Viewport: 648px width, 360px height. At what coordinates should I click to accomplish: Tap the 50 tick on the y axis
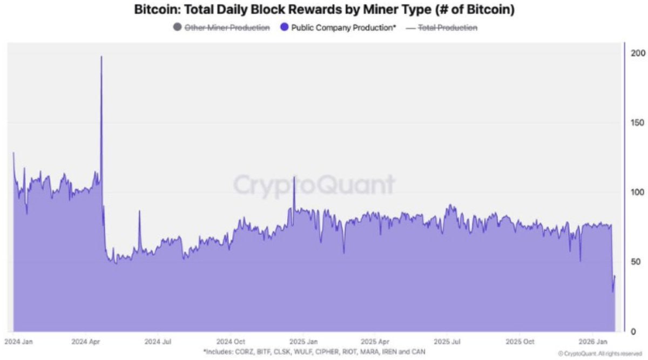(636, 262)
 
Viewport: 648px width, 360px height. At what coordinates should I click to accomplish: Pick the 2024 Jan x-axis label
(19, 342)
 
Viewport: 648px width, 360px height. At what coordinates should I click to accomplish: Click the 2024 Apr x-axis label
(86, 342)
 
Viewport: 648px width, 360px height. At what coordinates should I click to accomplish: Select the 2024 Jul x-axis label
(159, 342)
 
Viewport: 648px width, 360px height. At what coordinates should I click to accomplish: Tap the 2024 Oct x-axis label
(231, 342)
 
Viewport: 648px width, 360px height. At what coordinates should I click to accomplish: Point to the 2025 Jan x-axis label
(303, 342)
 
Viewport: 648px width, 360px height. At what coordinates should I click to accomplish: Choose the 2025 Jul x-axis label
(448, 342)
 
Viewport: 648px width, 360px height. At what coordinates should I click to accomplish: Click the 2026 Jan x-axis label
(592, 342)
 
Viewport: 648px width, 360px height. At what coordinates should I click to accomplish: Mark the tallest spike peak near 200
(102, 56)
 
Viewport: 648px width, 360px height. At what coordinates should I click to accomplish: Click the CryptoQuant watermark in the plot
(314, 185)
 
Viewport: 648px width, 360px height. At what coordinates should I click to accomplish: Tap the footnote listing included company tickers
(314, 351)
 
